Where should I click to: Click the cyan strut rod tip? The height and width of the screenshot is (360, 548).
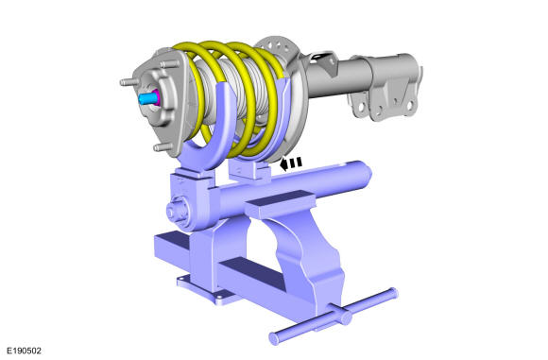click(146, 98)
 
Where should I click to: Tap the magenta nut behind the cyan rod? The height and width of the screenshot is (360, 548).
click(156, 97)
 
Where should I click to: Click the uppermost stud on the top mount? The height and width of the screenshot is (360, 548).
click(169, 64)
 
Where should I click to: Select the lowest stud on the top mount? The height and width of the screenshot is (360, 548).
click(163, 147)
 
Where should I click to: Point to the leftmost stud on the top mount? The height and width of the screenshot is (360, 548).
click(128, 82)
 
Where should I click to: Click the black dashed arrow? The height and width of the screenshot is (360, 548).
click(291, 163)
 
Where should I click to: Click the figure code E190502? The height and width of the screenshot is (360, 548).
click(25, 351)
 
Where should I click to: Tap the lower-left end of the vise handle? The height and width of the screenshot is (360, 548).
click(275, 338)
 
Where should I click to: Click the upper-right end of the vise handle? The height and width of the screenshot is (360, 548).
click(392, 294)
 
